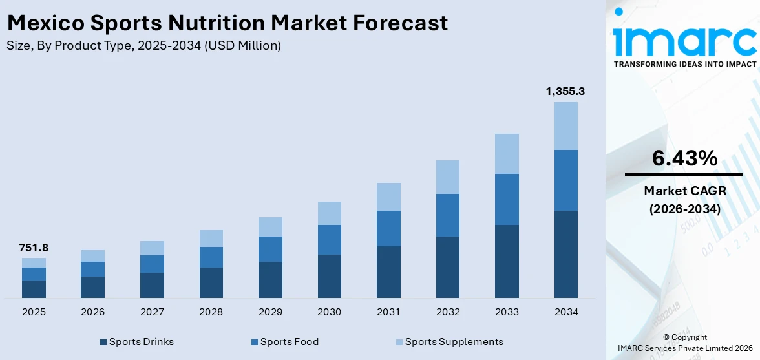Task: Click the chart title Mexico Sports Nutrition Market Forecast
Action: (227, 23)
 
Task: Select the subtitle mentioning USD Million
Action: (143, 45)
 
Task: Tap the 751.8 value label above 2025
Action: (34, 248)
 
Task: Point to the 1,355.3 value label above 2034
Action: (565, 92)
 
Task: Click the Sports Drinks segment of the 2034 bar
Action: (565, 254)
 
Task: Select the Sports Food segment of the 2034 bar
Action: (565, 180)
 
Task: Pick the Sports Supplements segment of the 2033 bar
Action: (507, 154)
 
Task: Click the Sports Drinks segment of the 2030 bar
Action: (329, 276)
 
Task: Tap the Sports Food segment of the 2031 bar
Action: (388, 228)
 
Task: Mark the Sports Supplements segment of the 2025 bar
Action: (34, 262)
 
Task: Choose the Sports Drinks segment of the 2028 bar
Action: (211, 282)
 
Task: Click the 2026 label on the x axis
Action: (93, 312)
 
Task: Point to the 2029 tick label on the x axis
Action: (270, 312)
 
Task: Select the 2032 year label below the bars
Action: (448, 312)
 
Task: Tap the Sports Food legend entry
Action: (284, 342)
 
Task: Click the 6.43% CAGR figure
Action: (683, 158)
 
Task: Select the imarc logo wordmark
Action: (684, 40)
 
